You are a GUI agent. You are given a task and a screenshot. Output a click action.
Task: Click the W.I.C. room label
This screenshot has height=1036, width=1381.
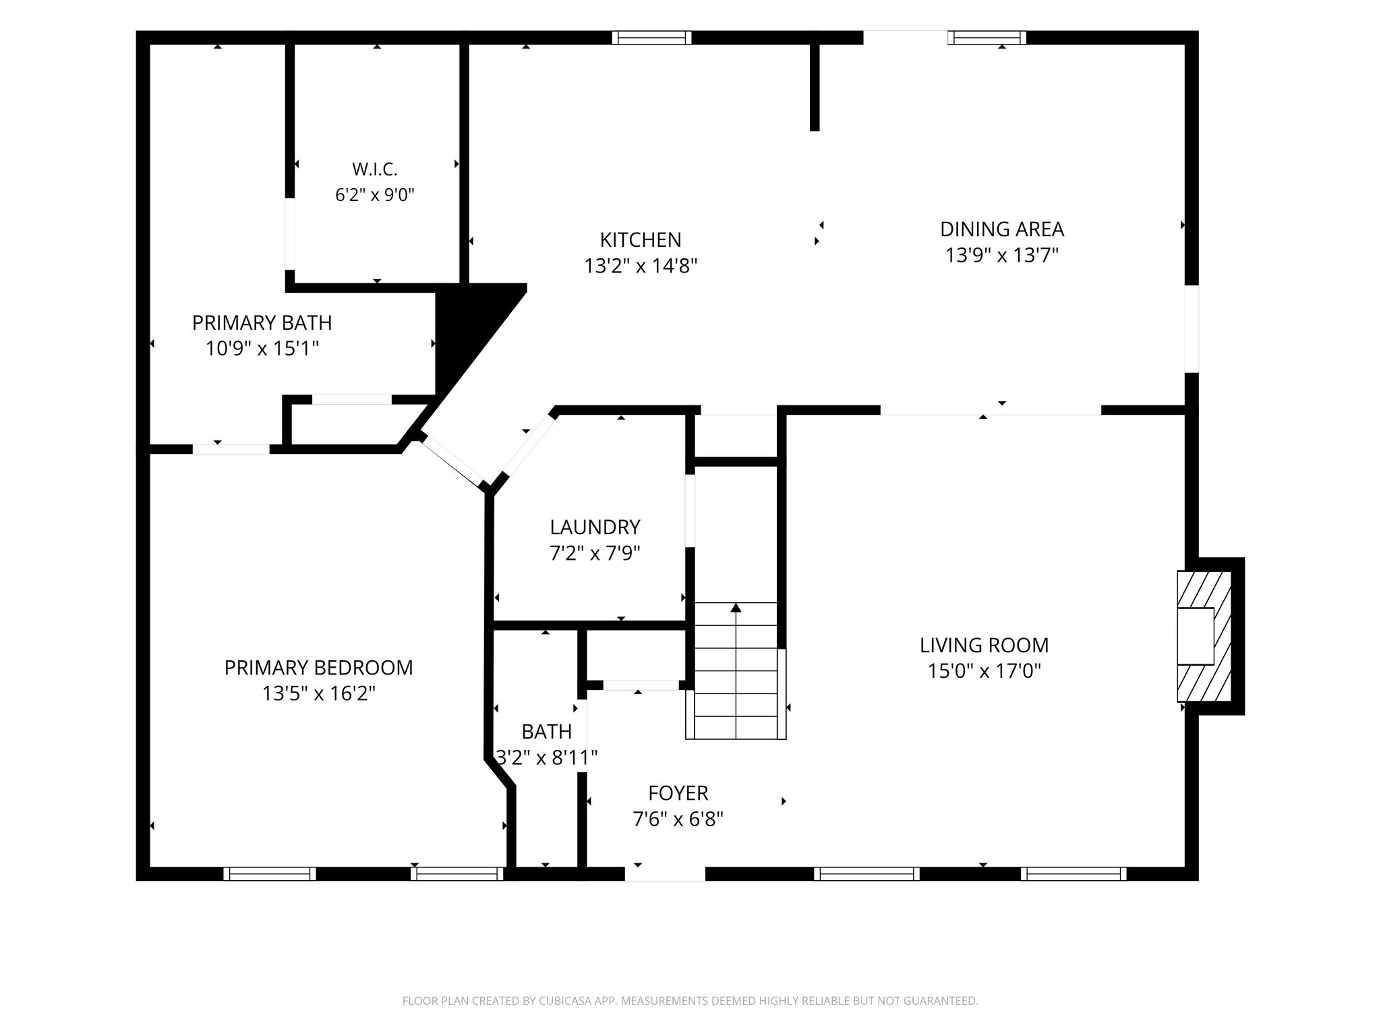pyautogui.click(x=375, y=169)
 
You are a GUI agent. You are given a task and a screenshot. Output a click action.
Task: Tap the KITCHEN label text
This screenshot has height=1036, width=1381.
pyautogui.click(x=641, y=239)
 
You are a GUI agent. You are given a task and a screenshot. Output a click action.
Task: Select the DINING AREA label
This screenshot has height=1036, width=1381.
pyautogui.click(x=1002, y=229)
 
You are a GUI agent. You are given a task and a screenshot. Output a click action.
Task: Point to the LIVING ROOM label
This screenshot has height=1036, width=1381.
pyautogui.click(x=984, y=645)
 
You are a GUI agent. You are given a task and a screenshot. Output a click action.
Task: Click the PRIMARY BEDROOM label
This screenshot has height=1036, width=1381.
pyautogui.click(x=318, y=668)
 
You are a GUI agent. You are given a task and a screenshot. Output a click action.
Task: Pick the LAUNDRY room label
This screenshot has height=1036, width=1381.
pyautogui.click(x=595, y=527)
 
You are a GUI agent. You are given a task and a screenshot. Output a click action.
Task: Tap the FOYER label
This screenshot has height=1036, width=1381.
pyautogui.click(x=678, y=793)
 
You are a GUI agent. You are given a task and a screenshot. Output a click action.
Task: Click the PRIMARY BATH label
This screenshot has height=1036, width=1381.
pyautogui.click(x=262, y=323)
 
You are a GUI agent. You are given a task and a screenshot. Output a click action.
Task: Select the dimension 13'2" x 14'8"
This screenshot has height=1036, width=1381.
pyautogui.click(x=641, y=266)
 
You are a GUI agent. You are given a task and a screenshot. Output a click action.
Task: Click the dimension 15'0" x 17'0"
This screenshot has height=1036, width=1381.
pyautogui.click(x=985, y=672)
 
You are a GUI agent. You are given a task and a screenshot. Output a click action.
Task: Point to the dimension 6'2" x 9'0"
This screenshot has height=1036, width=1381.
pyautogui.click(x=375, y=196)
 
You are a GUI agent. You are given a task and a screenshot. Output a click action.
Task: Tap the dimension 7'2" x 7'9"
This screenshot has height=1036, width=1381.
pyautogui.click(x=595, y=554)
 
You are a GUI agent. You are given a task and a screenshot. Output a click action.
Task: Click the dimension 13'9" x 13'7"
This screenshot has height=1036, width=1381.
pyautogui.click(x=1002, y=256)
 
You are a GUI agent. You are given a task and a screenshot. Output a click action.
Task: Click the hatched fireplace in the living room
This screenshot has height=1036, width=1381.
pyautogui.click(x=1204, y=636)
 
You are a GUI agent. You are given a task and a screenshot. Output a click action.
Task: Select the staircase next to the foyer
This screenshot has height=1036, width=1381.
pyautogui.click(x=736, y=671)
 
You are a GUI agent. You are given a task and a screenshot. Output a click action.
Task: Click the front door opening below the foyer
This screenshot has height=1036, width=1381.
pyautogui.click(x=665, y=874)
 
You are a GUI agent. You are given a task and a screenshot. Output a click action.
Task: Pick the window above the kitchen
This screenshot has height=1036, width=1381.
pyautogui.click(x=651, y=38)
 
